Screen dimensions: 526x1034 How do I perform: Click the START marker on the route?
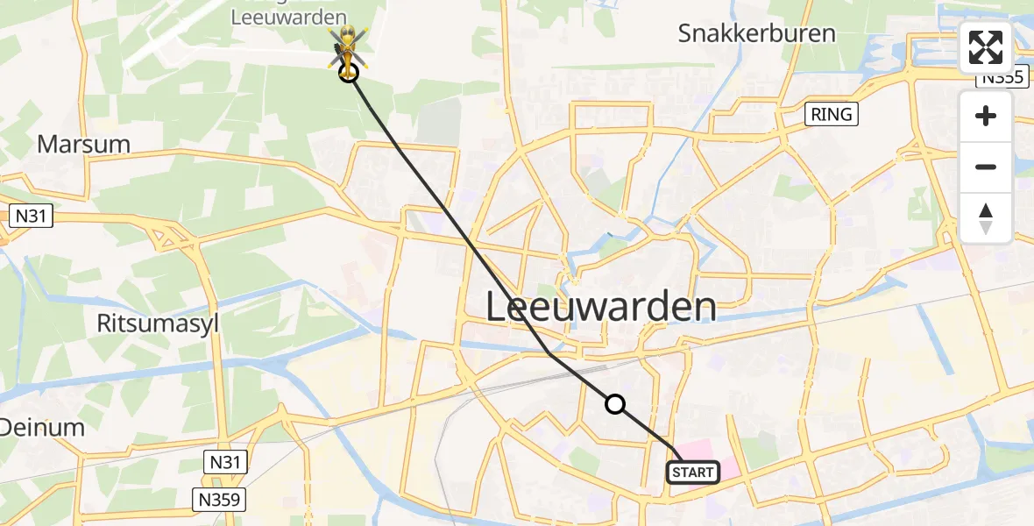[693, 473]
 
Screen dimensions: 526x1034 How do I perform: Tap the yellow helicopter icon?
[348, 46]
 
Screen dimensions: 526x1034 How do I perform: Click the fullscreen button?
[986, 47]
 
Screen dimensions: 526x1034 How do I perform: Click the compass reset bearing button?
[986, 218]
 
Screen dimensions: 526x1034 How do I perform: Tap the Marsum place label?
[83, 145]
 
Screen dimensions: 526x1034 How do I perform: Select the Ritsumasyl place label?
[158, 323]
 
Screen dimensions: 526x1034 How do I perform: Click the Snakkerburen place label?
[757, 33]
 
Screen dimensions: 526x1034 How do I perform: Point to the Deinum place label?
[42, 428]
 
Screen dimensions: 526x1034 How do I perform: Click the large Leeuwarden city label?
[600, 308]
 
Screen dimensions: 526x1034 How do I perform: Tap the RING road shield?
[831, 114]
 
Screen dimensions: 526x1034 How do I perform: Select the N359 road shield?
[220, 501]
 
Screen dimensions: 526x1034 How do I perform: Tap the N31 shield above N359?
[226, 461]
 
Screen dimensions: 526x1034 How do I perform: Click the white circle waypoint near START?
[615, 404]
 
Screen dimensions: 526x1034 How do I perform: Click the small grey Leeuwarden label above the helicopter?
[289, 17]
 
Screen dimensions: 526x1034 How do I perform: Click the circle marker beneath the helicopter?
[349, 74]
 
